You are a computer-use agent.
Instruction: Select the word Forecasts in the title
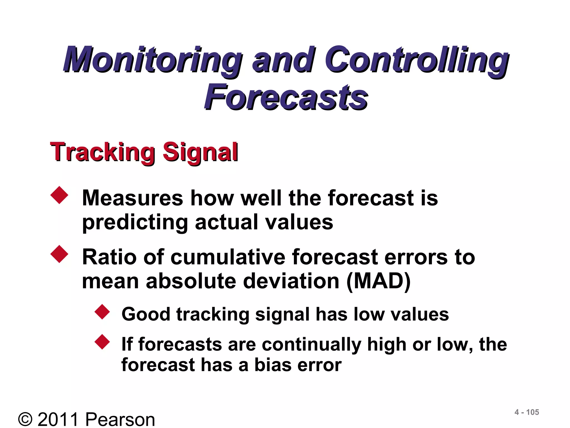pos(286,98)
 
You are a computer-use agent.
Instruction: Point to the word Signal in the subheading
pos(200,152)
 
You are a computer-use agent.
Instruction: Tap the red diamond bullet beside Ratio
pos(59,254)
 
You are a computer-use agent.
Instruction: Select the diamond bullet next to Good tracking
pos(102,312)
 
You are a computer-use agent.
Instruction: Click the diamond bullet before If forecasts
pos(102,342)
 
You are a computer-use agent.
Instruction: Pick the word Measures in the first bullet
pos(132,198)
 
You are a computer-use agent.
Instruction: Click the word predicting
pos(135,223)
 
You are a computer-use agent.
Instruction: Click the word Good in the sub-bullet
pos(146,314)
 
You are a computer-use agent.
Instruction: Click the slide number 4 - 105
pos(527,412)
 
